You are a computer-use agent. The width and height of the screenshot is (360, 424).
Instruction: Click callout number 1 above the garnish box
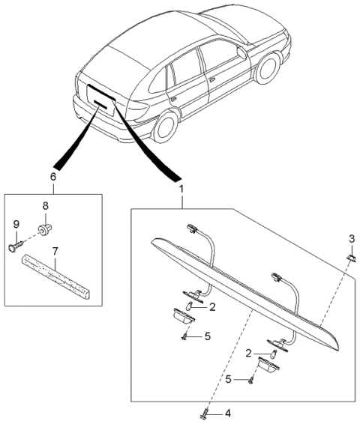pos(180,192)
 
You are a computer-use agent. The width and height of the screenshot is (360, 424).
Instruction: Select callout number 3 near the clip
pos(351,239)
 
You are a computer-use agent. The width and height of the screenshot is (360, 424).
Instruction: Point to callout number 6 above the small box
pos(52,178)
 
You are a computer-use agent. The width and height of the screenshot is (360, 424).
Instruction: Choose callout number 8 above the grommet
pos(44,204)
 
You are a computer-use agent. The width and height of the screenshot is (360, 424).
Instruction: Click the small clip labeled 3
pos(350,257)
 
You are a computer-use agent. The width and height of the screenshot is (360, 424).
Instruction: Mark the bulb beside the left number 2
pos(190,305)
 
